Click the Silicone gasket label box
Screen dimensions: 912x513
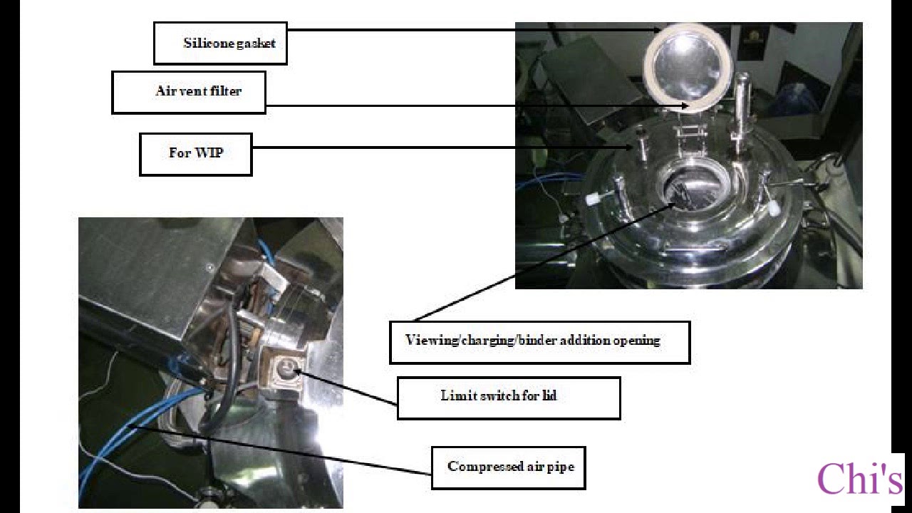[220, 43]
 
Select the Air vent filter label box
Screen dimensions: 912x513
[189, 93]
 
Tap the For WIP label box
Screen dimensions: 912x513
[196, 155]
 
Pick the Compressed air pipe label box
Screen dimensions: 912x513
[509, 468]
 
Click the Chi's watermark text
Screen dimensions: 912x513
[859, 479]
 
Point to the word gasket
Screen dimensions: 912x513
[256, 43]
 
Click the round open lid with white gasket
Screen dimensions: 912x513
[688, 68]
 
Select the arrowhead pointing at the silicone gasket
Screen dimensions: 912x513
[655, 30]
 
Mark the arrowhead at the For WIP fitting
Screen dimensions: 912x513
[629, 147]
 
